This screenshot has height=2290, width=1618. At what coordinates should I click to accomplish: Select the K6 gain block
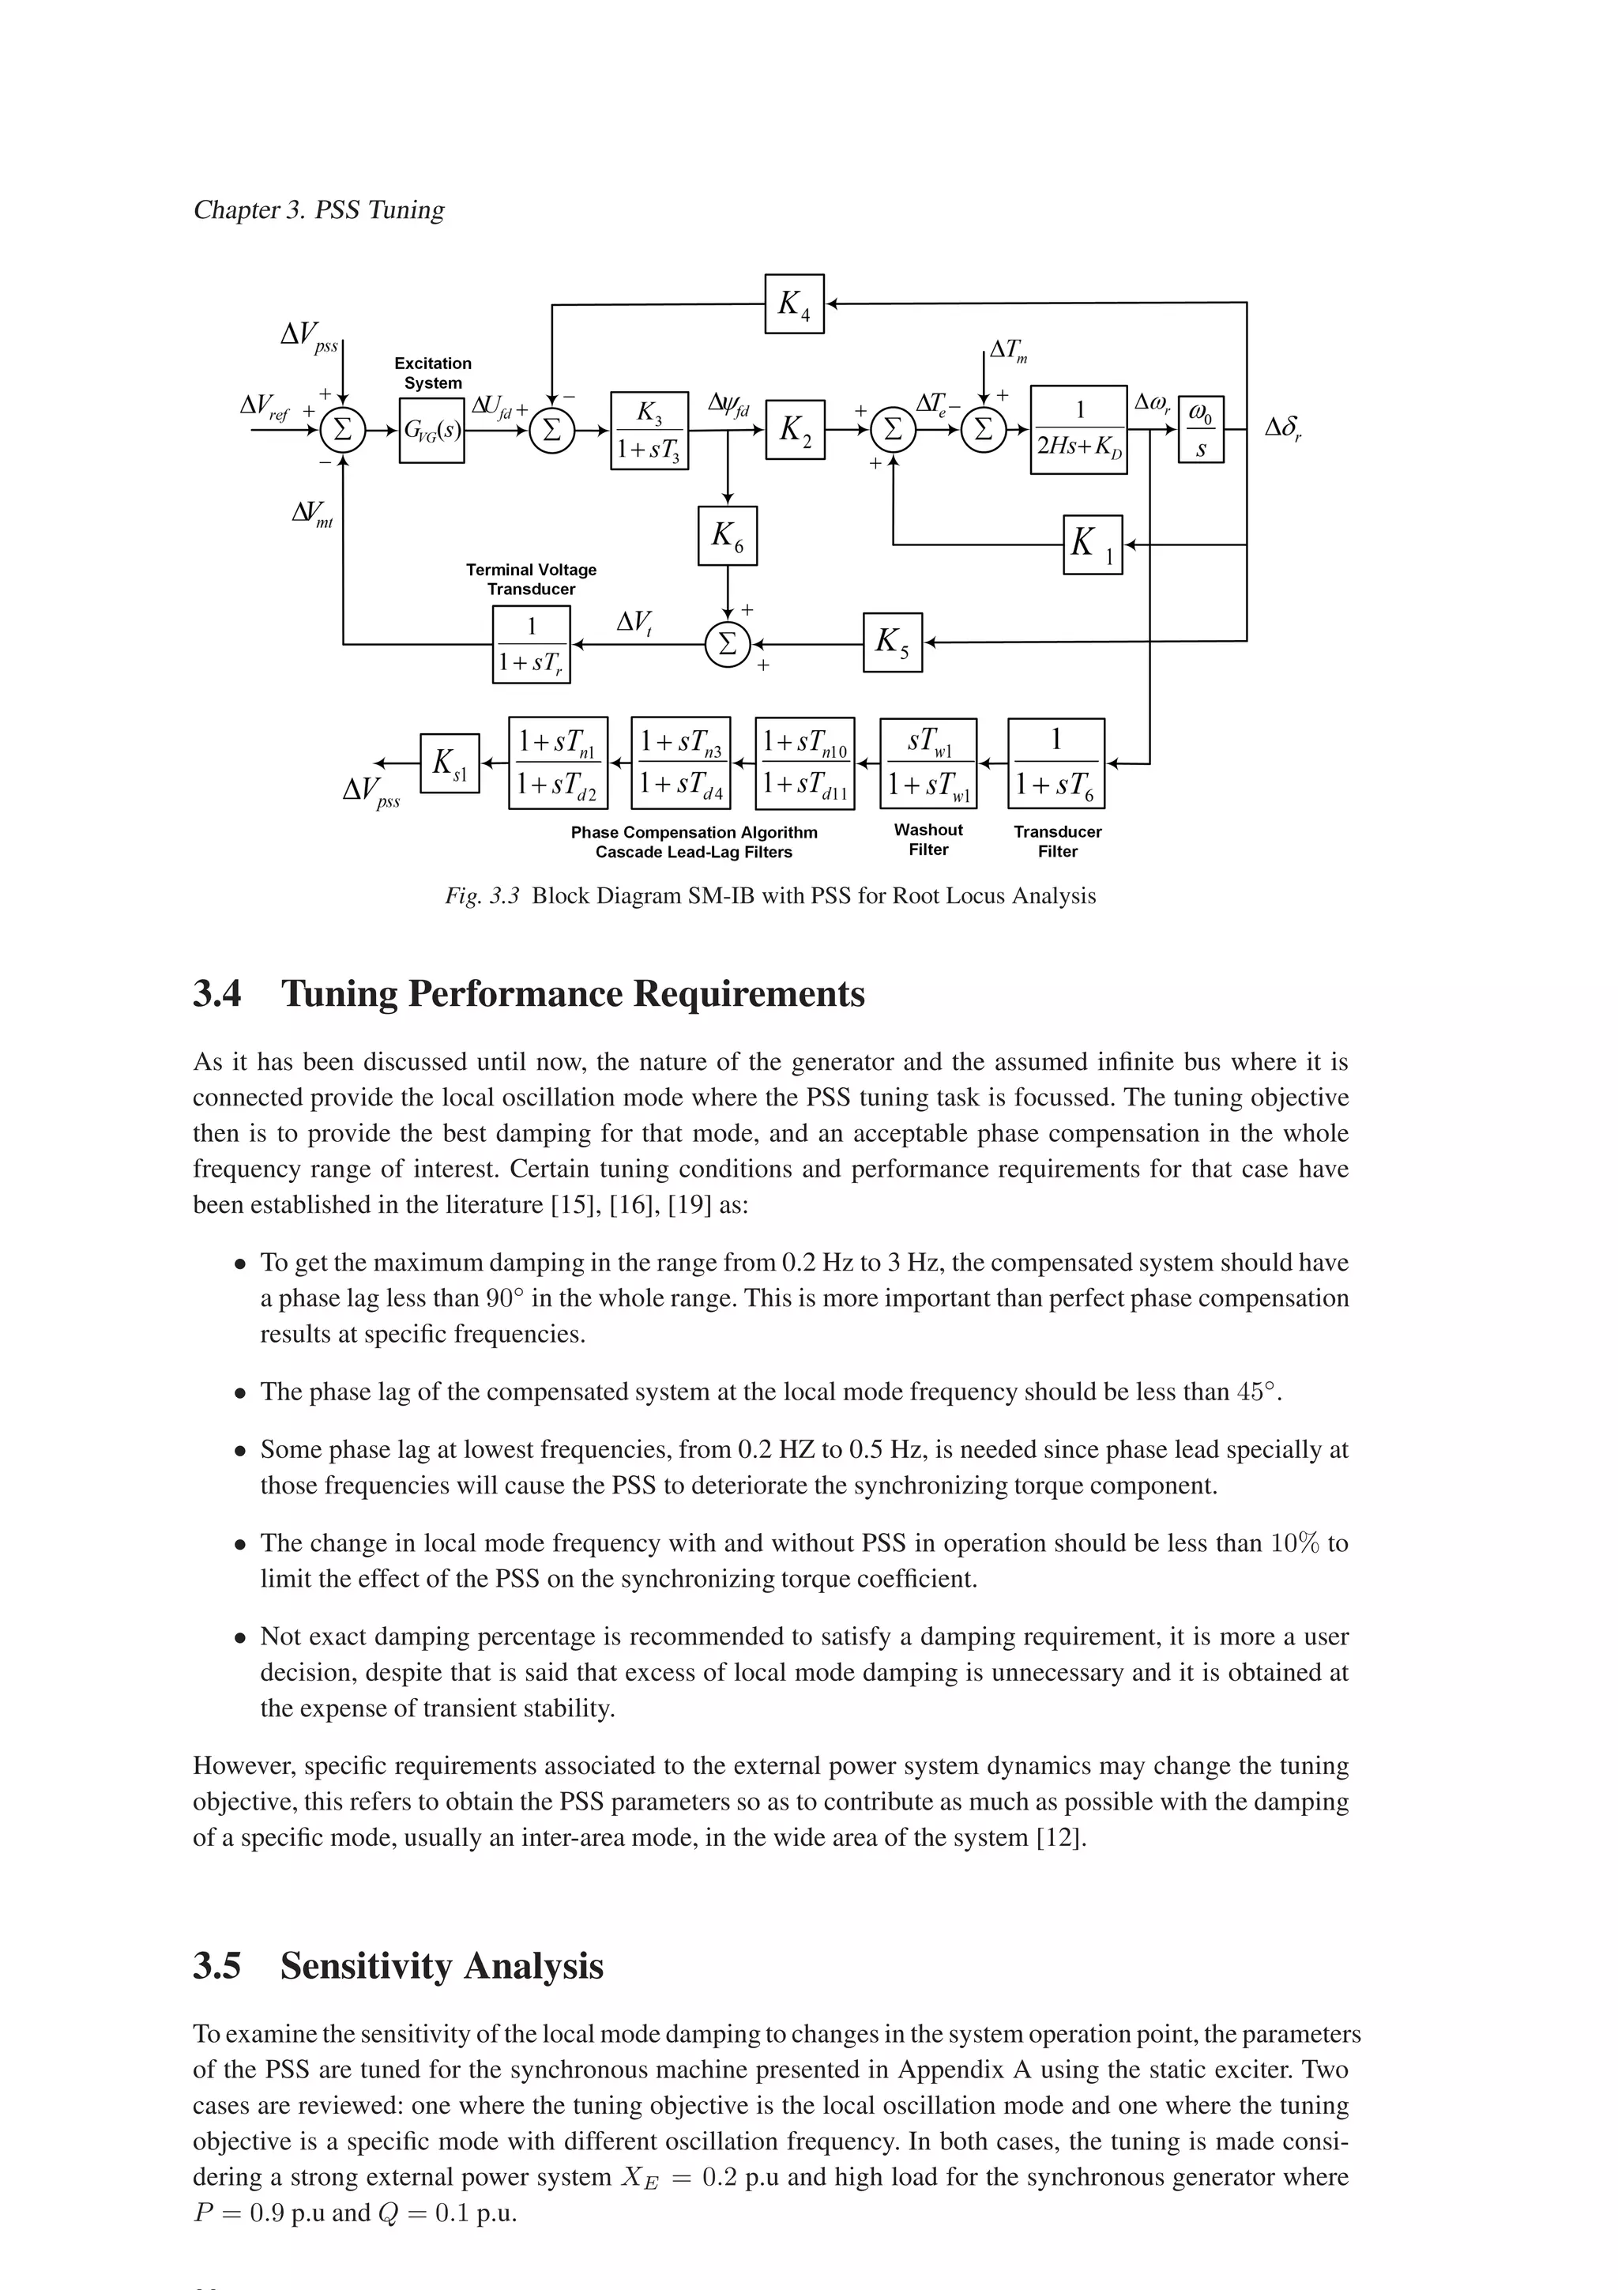(x=727, y=537)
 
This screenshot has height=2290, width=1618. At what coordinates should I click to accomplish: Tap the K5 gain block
(x=892, y=642)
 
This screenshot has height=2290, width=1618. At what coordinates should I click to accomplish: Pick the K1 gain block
(x=1093, y=544)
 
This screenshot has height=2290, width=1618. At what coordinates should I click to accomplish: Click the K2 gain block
(x=795, y=430)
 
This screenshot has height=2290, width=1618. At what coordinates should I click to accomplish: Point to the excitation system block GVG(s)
(x=431, y=430)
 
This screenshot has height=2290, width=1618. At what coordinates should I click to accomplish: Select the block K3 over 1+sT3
(x=649, y=430)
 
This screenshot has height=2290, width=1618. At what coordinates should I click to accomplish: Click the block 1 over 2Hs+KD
(x=1078, y=430)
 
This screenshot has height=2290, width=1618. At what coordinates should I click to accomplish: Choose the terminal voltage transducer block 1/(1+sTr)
(x=532, y=644)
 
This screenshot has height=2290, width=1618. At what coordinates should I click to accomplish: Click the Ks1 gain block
(x=450, y=763)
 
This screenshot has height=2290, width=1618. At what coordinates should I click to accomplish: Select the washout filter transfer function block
(x=928, y=763)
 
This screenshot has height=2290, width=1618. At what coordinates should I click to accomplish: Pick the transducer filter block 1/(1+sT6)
(x=1057, y=763)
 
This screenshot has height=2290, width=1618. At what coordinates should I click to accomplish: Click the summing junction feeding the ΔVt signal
(x=727, y=643)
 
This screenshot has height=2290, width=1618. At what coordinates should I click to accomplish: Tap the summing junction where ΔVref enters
(x=342, y=430)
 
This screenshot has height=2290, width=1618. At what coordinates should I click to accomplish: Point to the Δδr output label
(x=1283, y=430)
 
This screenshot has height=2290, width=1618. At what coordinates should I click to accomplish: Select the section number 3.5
(x=217, y=1966)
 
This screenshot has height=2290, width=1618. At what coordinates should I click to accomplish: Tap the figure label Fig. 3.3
(x=483, y=895)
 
